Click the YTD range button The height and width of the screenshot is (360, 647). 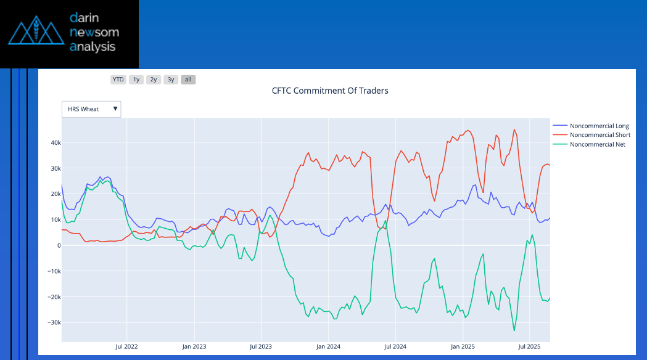118,80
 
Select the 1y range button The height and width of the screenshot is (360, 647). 136,80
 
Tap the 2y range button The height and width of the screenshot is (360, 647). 154,80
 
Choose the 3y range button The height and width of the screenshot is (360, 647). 171,80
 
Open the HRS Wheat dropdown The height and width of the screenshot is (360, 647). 91,109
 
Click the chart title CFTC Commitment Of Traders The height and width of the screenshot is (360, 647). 330,91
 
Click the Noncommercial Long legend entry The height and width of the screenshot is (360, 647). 598,126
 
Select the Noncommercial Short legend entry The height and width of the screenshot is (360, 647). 599,135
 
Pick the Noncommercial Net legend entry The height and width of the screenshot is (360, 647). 597,144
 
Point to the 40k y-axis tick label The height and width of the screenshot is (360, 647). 56,143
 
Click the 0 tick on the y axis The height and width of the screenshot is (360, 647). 59,245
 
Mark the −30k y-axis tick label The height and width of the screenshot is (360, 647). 54,322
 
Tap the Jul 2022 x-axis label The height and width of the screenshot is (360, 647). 126,346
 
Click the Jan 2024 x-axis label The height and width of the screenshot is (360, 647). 329,346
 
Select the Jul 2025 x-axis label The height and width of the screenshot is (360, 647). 529,346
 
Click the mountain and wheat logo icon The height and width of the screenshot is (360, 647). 36,34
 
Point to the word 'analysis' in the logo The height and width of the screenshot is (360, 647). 93,47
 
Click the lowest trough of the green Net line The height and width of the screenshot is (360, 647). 514,330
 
